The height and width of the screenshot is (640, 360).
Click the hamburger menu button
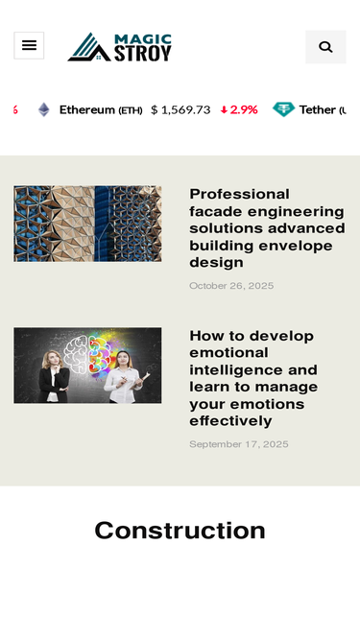point(29,45)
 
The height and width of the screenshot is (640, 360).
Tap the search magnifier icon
point(325,47)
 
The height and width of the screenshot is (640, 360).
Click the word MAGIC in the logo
point(143,39)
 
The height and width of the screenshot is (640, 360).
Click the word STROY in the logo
point(142,54)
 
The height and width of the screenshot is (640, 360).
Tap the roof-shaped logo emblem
point(89,46)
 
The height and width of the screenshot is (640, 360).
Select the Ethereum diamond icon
point(43,109)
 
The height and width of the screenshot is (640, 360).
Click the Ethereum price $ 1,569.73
point(180,109)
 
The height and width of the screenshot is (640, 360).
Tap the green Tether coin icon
point(283,109)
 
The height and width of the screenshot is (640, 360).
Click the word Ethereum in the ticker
point(87,109)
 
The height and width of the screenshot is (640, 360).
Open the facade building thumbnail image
point(87,224)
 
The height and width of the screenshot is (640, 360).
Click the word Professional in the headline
point(240,194)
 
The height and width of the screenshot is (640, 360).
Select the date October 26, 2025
point(231,286)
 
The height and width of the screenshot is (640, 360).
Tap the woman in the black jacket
point(54,375)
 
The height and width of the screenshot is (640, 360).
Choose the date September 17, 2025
point(239,444)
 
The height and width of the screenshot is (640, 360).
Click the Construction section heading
point(180,531)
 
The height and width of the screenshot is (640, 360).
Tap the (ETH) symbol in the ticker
point(131,110)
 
